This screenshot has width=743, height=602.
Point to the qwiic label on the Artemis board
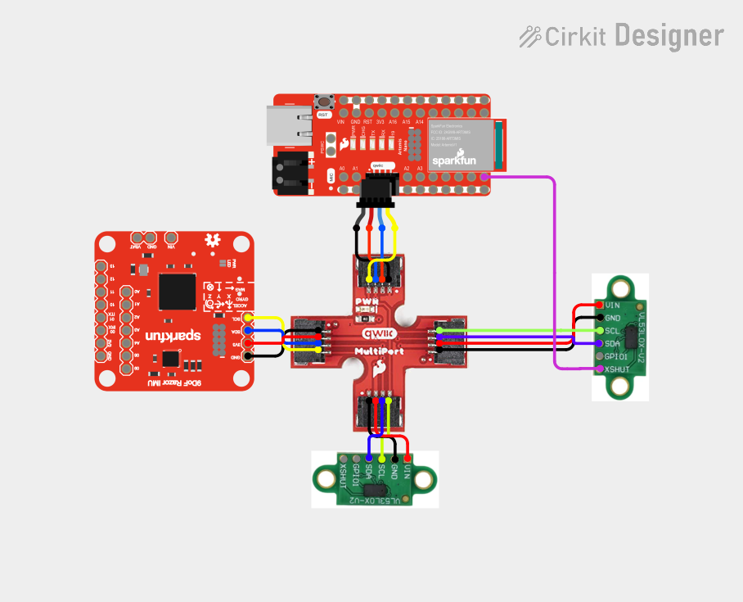coord(378,165)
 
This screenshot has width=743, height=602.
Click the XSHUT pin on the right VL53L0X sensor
coord(599,369)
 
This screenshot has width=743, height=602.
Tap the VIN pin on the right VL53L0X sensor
coord(599,305)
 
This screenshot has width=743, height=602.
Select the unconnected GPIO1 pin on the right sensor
coord(599,356)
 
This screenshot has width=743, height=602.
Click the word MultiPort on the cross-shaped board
coord(377,351)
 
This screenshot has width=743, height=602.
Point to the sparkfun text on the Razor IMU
coord(173,335)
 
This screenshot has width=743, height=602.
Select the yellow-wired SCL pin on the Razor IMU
coord(248,318)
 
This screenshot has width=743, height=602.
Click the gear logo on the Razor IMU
coord(214,241)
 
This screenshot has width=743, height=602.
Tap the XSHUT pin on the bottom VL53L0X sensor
coord(343,460)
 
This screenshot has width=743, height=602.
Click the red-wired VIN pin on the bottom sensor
coord(408,460)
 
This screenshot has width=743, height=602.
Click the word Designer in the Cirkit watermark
coord(669,36)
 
